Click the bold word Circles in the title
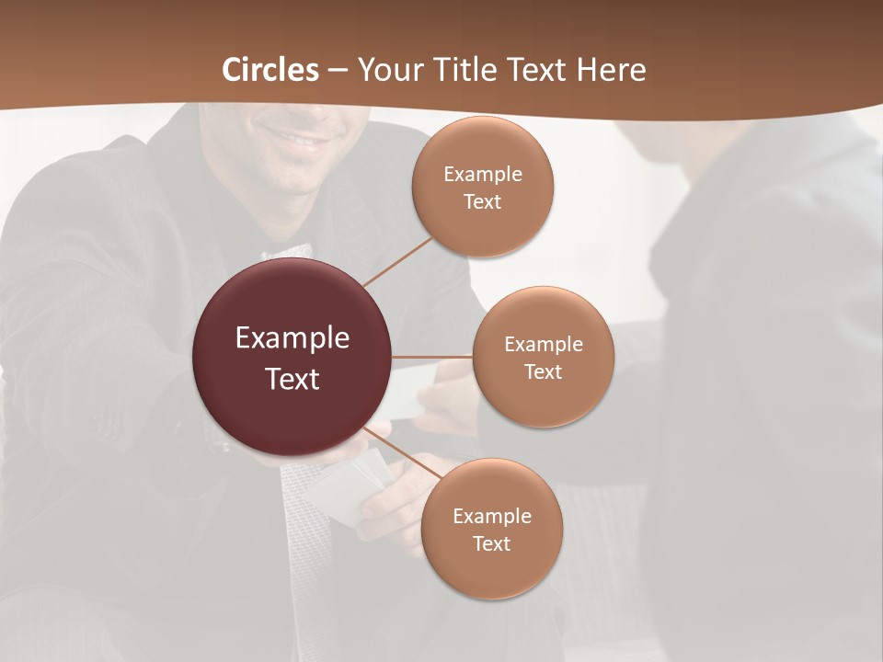coord(270,70)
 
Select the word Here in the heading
coord(611,70)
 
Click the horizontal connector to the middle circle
coord(432,357)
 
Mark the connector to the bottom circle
coord(405,452)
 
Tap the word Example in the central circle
coord(292,338)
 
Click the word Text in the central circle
coord(292,379)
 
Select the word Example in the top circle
coord(482,175)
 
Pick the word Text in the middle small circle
coord(543,372)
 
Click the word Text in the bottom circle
coord(491,544)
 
